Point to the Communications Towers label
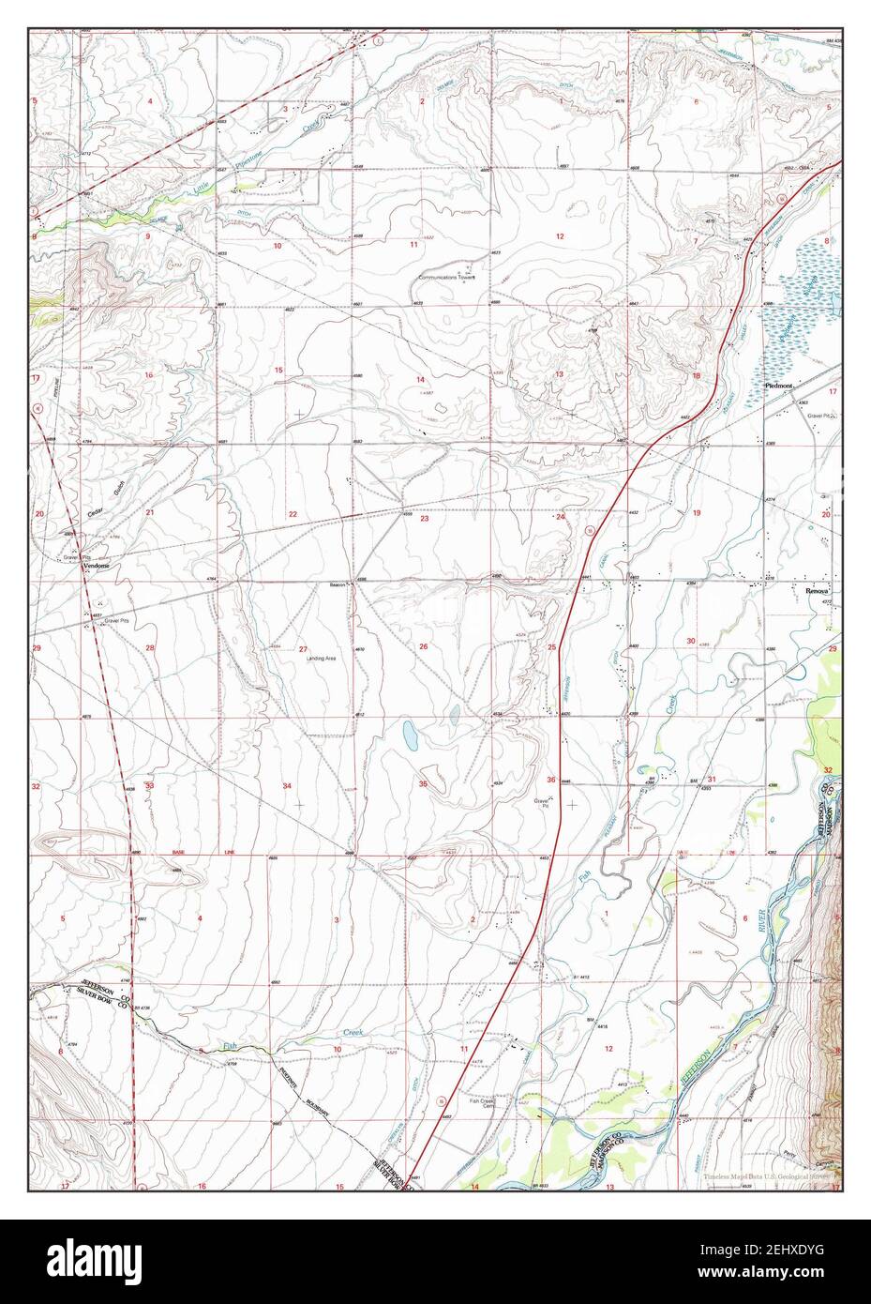(447, 278)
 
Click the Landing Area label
(321, 658)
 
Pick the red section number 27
(303, 648)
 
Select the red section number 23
(425, 519)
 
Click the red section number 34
(288, 785)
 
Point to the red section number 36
(551, 780)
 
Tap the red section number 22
(293, 514)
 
